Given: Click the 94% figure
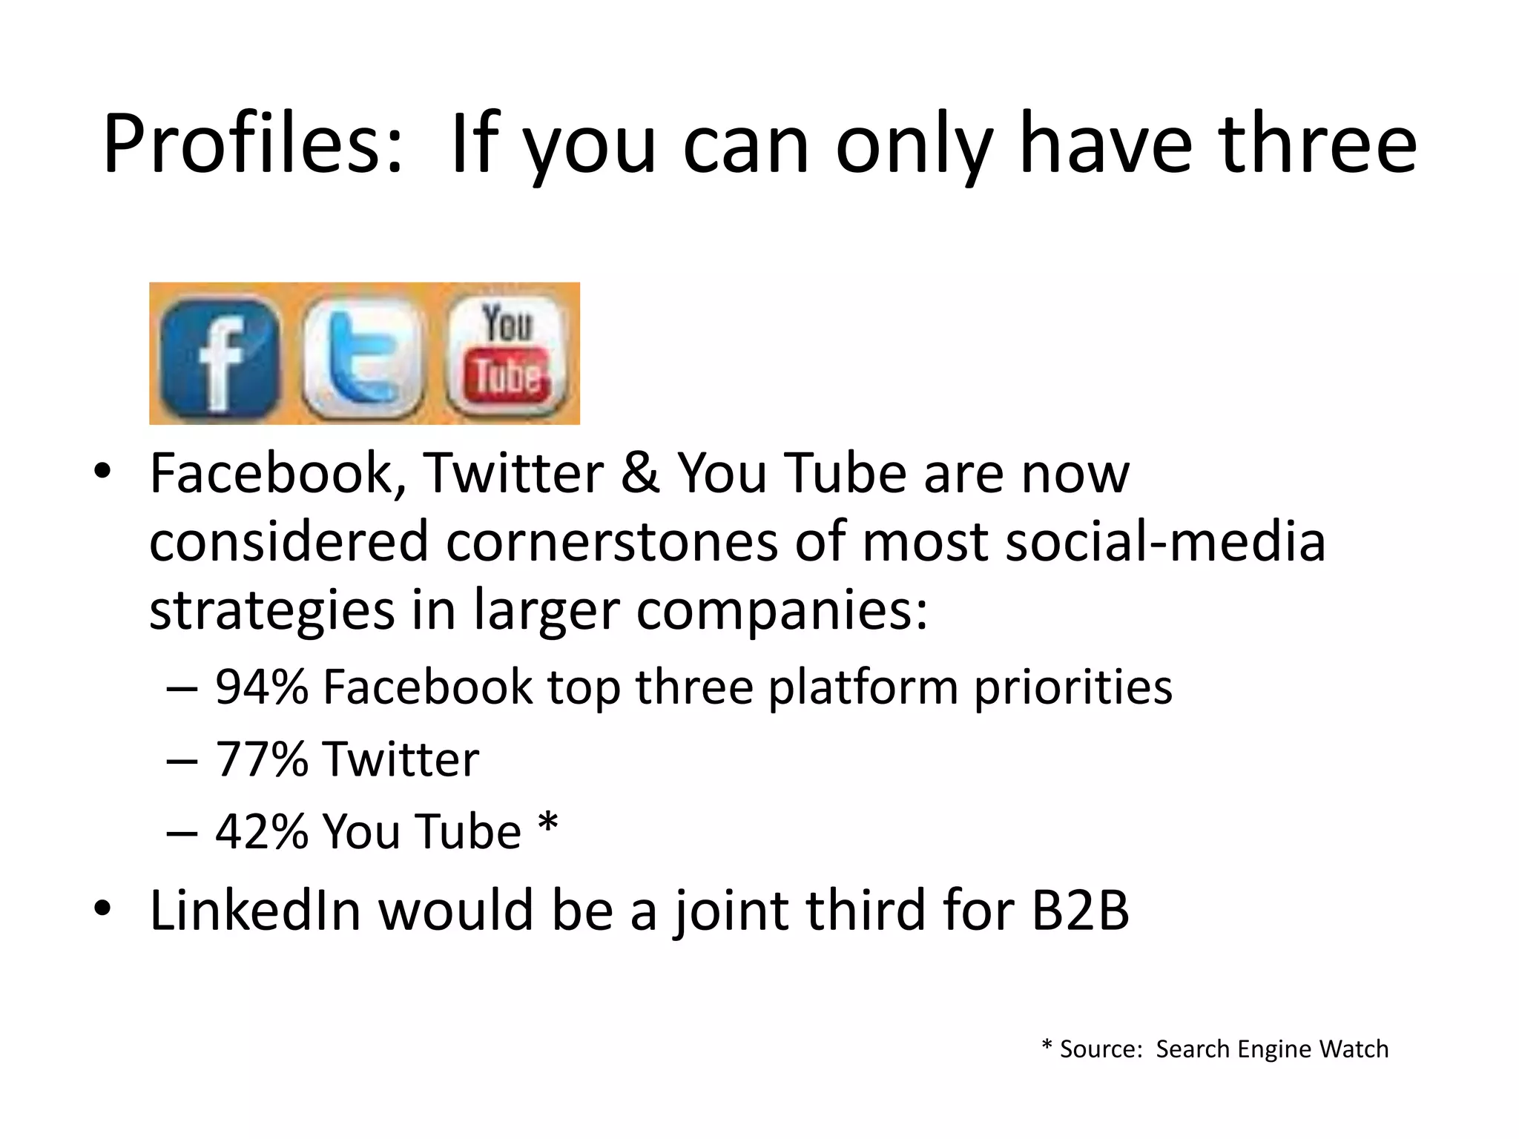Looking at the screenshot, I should click(x=261, y=687).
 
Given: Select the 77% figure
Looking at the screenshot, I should click(x=261, y=759).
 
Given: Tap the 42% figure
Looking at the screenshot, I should click(x=261, y=831).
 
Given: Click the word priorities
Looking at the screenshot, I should click(x=1072, y=687).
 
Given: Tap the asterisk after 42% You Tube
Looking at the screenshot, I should click(x=547, y=823).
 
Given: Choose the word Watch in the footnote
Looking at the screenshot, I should click(x=1354, y=1049).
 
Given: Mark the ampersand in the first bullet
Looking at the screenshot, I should click(x=640, y=473).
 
